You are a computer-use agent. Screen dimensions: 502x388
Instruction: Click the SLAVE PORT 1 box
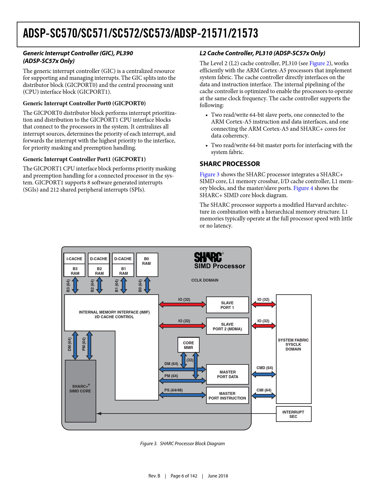point(227,305)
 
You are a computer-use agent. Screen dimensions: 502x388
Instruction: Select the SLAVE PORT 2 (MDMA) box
point(227,326)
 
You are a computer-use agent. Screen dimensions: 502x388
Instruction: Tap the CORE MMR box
point(188,345)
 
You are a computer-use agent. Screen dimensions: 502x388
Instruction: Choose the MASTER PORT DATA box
point(228,374)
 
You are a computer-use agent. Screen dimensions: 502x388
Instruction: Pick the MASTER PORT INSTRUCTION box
point(227,396)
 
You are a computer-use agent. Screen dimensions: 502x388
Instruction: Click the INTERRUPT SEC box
point(293,414)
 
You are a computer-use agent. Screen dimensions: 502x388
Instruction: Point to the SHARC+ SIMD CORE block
point(80,391)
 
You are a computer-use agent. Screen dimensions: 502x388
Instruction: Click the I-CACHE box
point(74,259)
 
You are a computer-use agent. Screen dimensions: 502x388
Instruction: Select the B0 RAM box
point(147,265)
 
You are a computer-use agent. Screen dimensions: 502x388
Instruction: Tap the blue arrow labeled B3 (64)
point(75,285)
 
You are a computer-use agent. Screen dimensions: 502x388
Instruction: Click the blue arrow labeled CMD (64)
point(264,374)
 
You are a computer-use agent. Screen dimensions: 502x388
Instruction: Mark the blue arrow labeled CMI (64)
point(264,396)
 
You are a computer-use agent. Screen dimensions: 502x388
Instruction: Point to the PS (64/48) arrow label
point(174,390)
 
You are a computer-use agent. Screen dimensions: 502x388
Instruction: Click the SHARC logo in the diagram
point(208,257)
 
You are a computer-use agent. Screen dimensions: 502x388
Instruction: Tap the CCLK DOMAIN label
point(205,280)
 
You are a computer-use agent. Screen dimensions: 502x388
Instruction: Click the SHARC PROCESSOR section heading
point(230,164)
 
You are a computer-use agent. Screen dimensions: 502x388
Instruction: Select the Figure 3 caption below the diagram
point(183,444)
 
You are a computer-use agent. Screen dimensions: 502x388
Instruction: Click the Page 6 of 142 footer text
point(184,476)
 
